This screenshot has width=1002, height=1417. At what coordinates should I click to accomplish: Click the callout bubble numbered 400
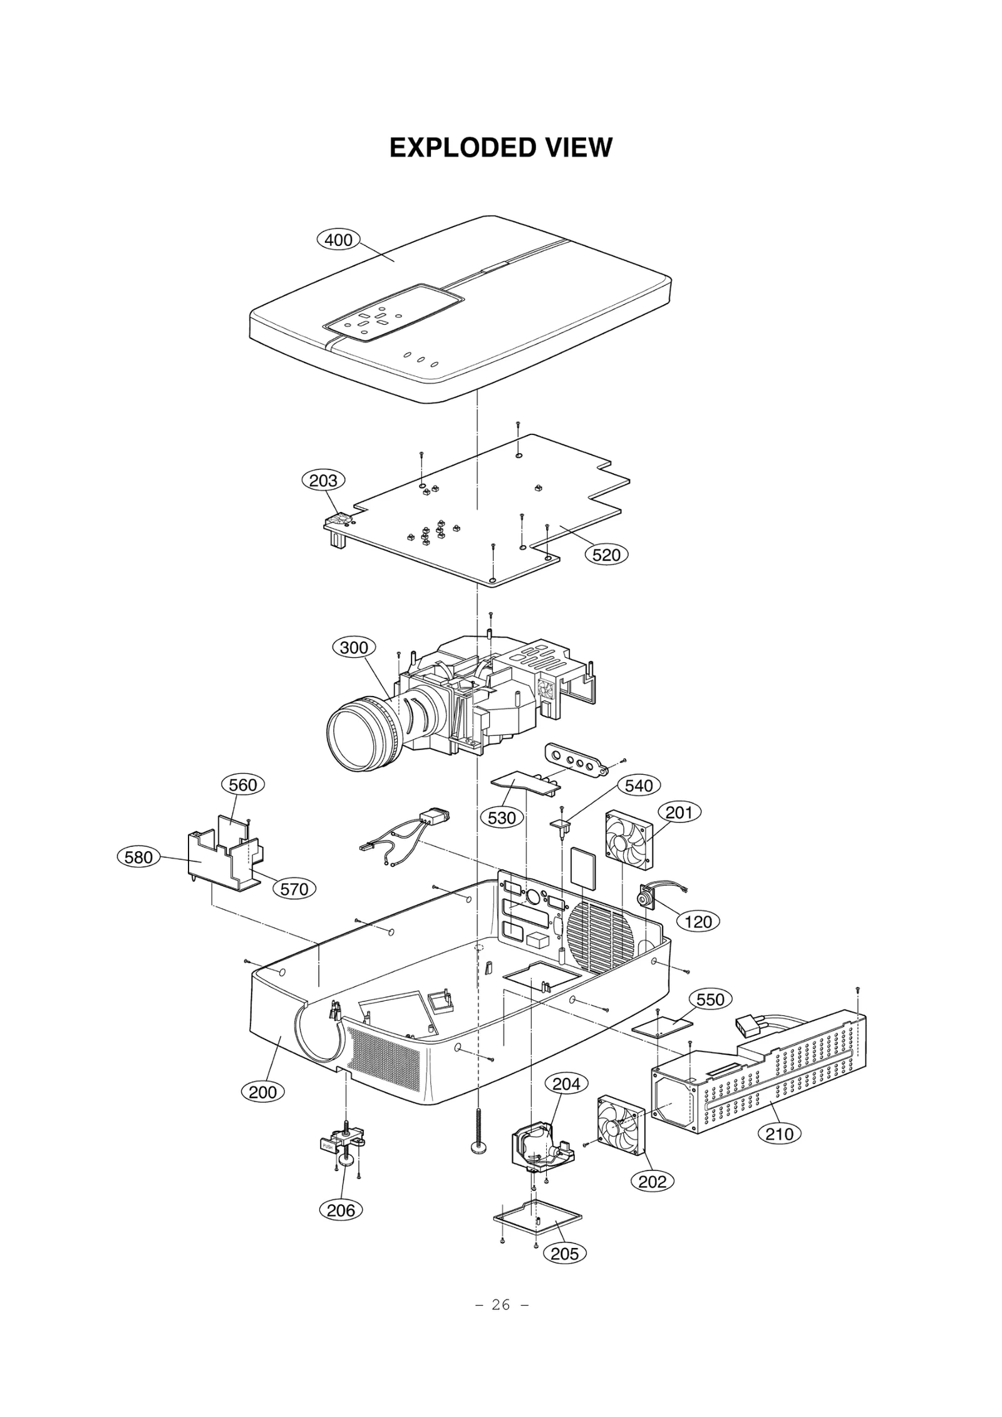[x=339, y=240]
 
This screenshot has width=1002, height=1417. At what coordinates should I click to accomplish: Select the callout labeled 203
[x=323, y=481]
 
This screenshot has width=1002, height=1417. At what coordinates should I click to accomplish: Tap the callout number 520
[x=606, y=555]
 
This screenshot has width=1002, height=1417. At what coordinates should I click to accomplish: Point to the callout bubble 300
[x=354, y=647]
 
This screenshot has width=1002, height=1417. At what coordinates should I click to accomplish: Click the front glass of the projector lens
[x=354, y=734]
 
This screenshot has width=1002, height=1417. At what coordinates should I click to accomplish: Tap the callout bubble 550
[x=710, y=1000]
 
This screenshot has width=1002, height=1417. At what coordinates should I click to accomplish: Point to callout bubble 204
[x=566, y=1083]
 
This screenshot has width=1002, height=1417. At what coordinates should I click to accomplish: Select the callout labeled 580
[x=138, y=857]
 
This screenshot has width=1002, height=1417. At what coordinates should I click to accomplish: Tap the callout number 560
[x=243, y=785]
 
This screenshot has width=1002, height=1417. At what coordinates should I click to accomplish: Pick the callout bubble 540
[x=639, y=786]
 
